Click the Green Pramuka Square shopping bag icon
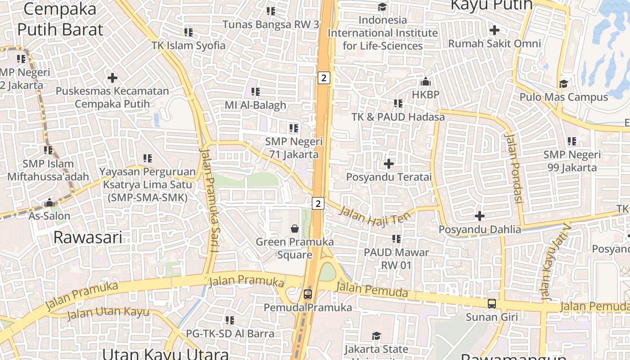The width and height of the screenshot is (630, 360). (295, 229)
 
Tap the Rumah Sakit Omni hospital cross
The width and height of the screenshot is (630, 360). (495, 30)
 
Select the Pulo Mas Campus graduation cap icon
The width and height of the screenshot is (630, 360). (563, 84)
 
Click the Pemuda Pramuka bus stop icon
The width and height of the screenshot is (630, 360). (308, 294)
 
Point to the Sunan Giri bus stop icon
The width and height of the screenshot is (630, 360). (492, 304)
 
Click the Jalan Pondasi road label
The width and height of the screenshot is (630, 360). (513, 168)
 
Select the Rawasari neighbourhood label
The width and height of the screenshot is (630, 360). (88, 237)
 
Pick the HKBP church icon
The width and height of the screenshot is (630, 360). (425, 82)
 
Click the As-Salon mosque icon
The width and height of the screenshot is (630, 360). (49, 203)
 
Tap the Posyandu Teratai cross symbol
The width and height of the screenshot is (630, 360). (389, 164)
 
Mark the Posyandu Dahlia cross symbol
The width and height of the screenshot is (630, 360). (480, 216)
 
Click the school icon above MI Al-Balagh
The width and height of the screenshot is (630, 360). (256, 92)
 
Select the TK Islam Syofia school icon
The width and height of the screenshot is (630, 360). (189, 32)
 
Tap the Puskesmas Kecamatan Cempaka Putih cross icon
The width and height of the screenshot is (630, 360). (112, 78)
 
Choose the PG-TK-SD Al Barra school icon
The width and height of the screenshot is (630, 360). (230, 320)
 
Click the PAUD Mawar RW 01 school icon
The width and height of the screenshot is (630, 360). (396, 238)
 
